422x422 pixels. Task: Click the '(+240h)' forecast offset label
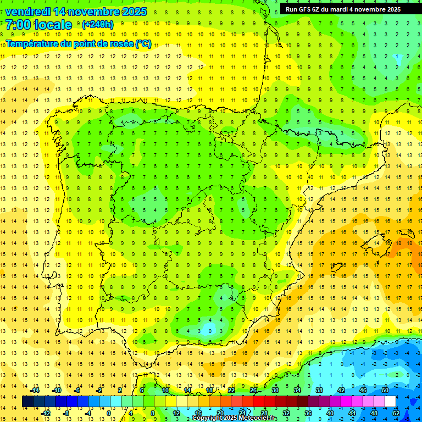[97, 25]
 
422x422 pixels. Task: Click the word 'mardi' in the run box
[342, 9]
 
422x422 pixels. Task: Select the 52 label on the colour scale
[396, 413]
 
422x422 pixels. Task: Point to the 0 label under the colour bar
[109, 413]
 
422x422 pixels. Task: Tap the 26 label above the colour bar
[253, 390]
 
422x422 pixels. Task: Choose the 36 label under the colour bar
[308, 413]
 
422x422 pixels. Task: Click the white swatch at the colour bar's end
[395, 402]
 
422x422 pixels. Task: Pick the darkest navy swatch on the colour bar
[27, 402]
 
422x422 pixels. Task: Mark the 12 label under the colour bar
[177, 413]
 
